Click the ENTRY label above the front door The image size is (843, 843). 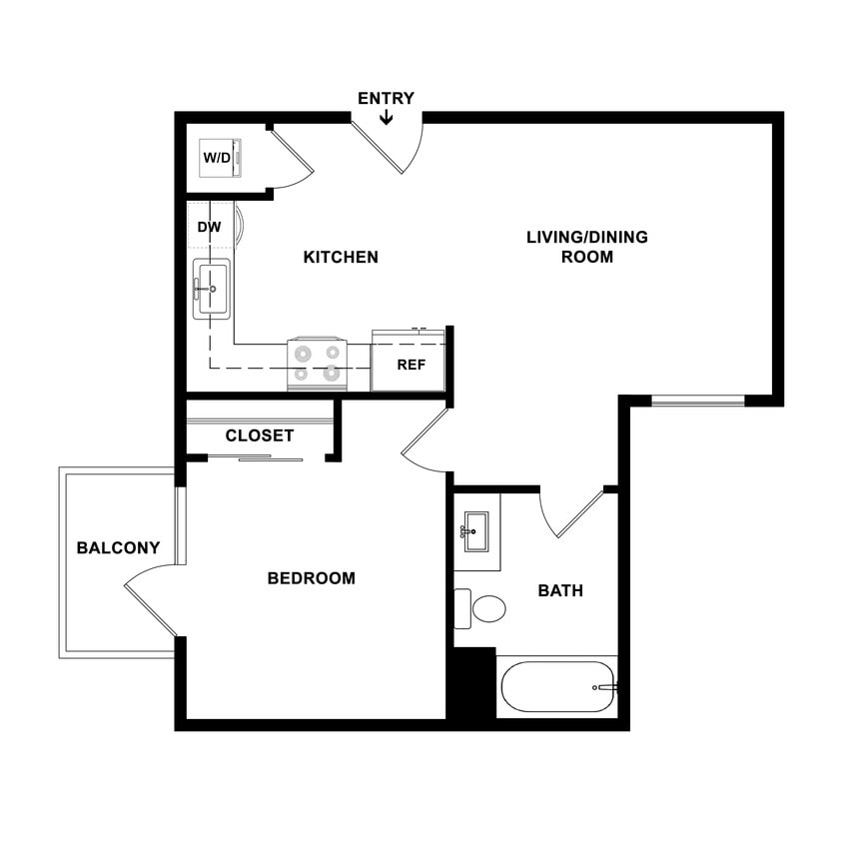click(386, 98)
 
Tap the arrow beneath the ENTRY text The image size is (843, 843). click(387, 118)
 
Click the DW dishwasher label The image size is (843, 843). click(209, 228)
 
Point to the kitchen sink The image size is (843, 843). click(212, 289)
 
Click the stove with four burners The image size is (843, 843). click(318, 364)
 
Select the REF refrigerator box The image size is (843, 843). click(410, 365)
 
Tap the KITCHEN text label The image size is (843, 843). click(341, 257)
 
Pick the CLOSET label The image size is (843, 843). click(260, 435)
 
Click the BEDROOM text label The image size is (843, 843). click(311, 577)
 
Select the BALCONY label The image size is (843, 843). click(118, 547)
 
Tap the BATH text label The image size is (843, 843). click(560, 590)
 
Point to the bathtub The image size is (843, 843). click(555, 687)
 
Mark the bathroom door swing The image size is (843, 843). click(571, 513)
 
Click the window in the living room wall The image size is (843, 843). click(697, 401)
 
